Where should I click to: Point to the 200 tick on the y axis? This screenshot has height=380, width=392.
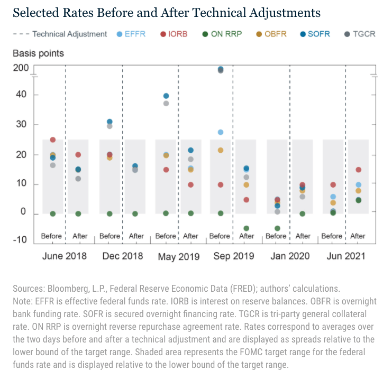point(21,68)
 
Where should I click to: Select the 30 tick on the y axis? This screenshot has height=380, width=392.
point(21,125)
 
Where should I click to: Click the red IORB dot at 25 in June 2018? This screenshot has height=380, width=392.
point(53,140)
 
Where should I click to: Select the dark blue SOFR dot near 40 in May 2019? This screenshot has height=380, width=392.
point(166,96)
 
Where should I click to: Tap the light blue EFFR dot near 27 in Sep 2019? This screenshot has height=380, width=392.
point(221,132)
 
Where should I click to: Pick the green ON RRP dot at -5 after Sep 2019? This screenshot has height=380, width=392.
point(246,228)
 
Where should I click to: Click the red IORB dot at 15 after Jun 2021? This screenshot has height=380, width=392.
point(358,170)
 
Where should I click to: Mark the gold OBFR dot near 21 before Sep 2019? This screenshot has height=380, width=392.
point(221,151)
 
